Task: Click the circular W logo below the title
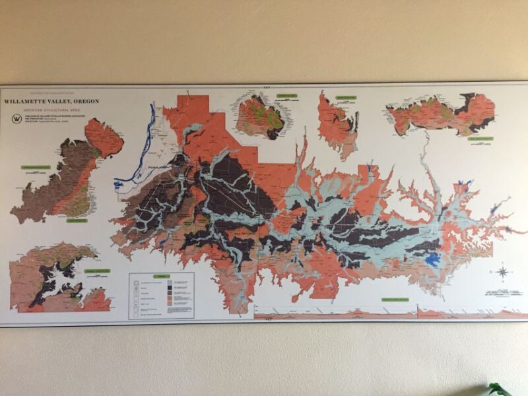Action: (x=16, y=119)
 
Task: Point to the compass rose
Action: (x=502, y=272)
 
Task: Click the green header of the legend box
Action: (x=161, y=276)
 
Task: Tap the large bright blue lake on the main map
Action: (x=433, y=260)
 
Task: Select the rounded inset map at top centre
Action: (x=260, y=117)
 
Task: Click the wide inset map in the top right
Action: (x=440, y=114)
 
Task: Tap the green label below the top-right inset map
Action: (x=480, y=139)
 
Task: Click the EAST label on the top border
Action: (x=267, y=86)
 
